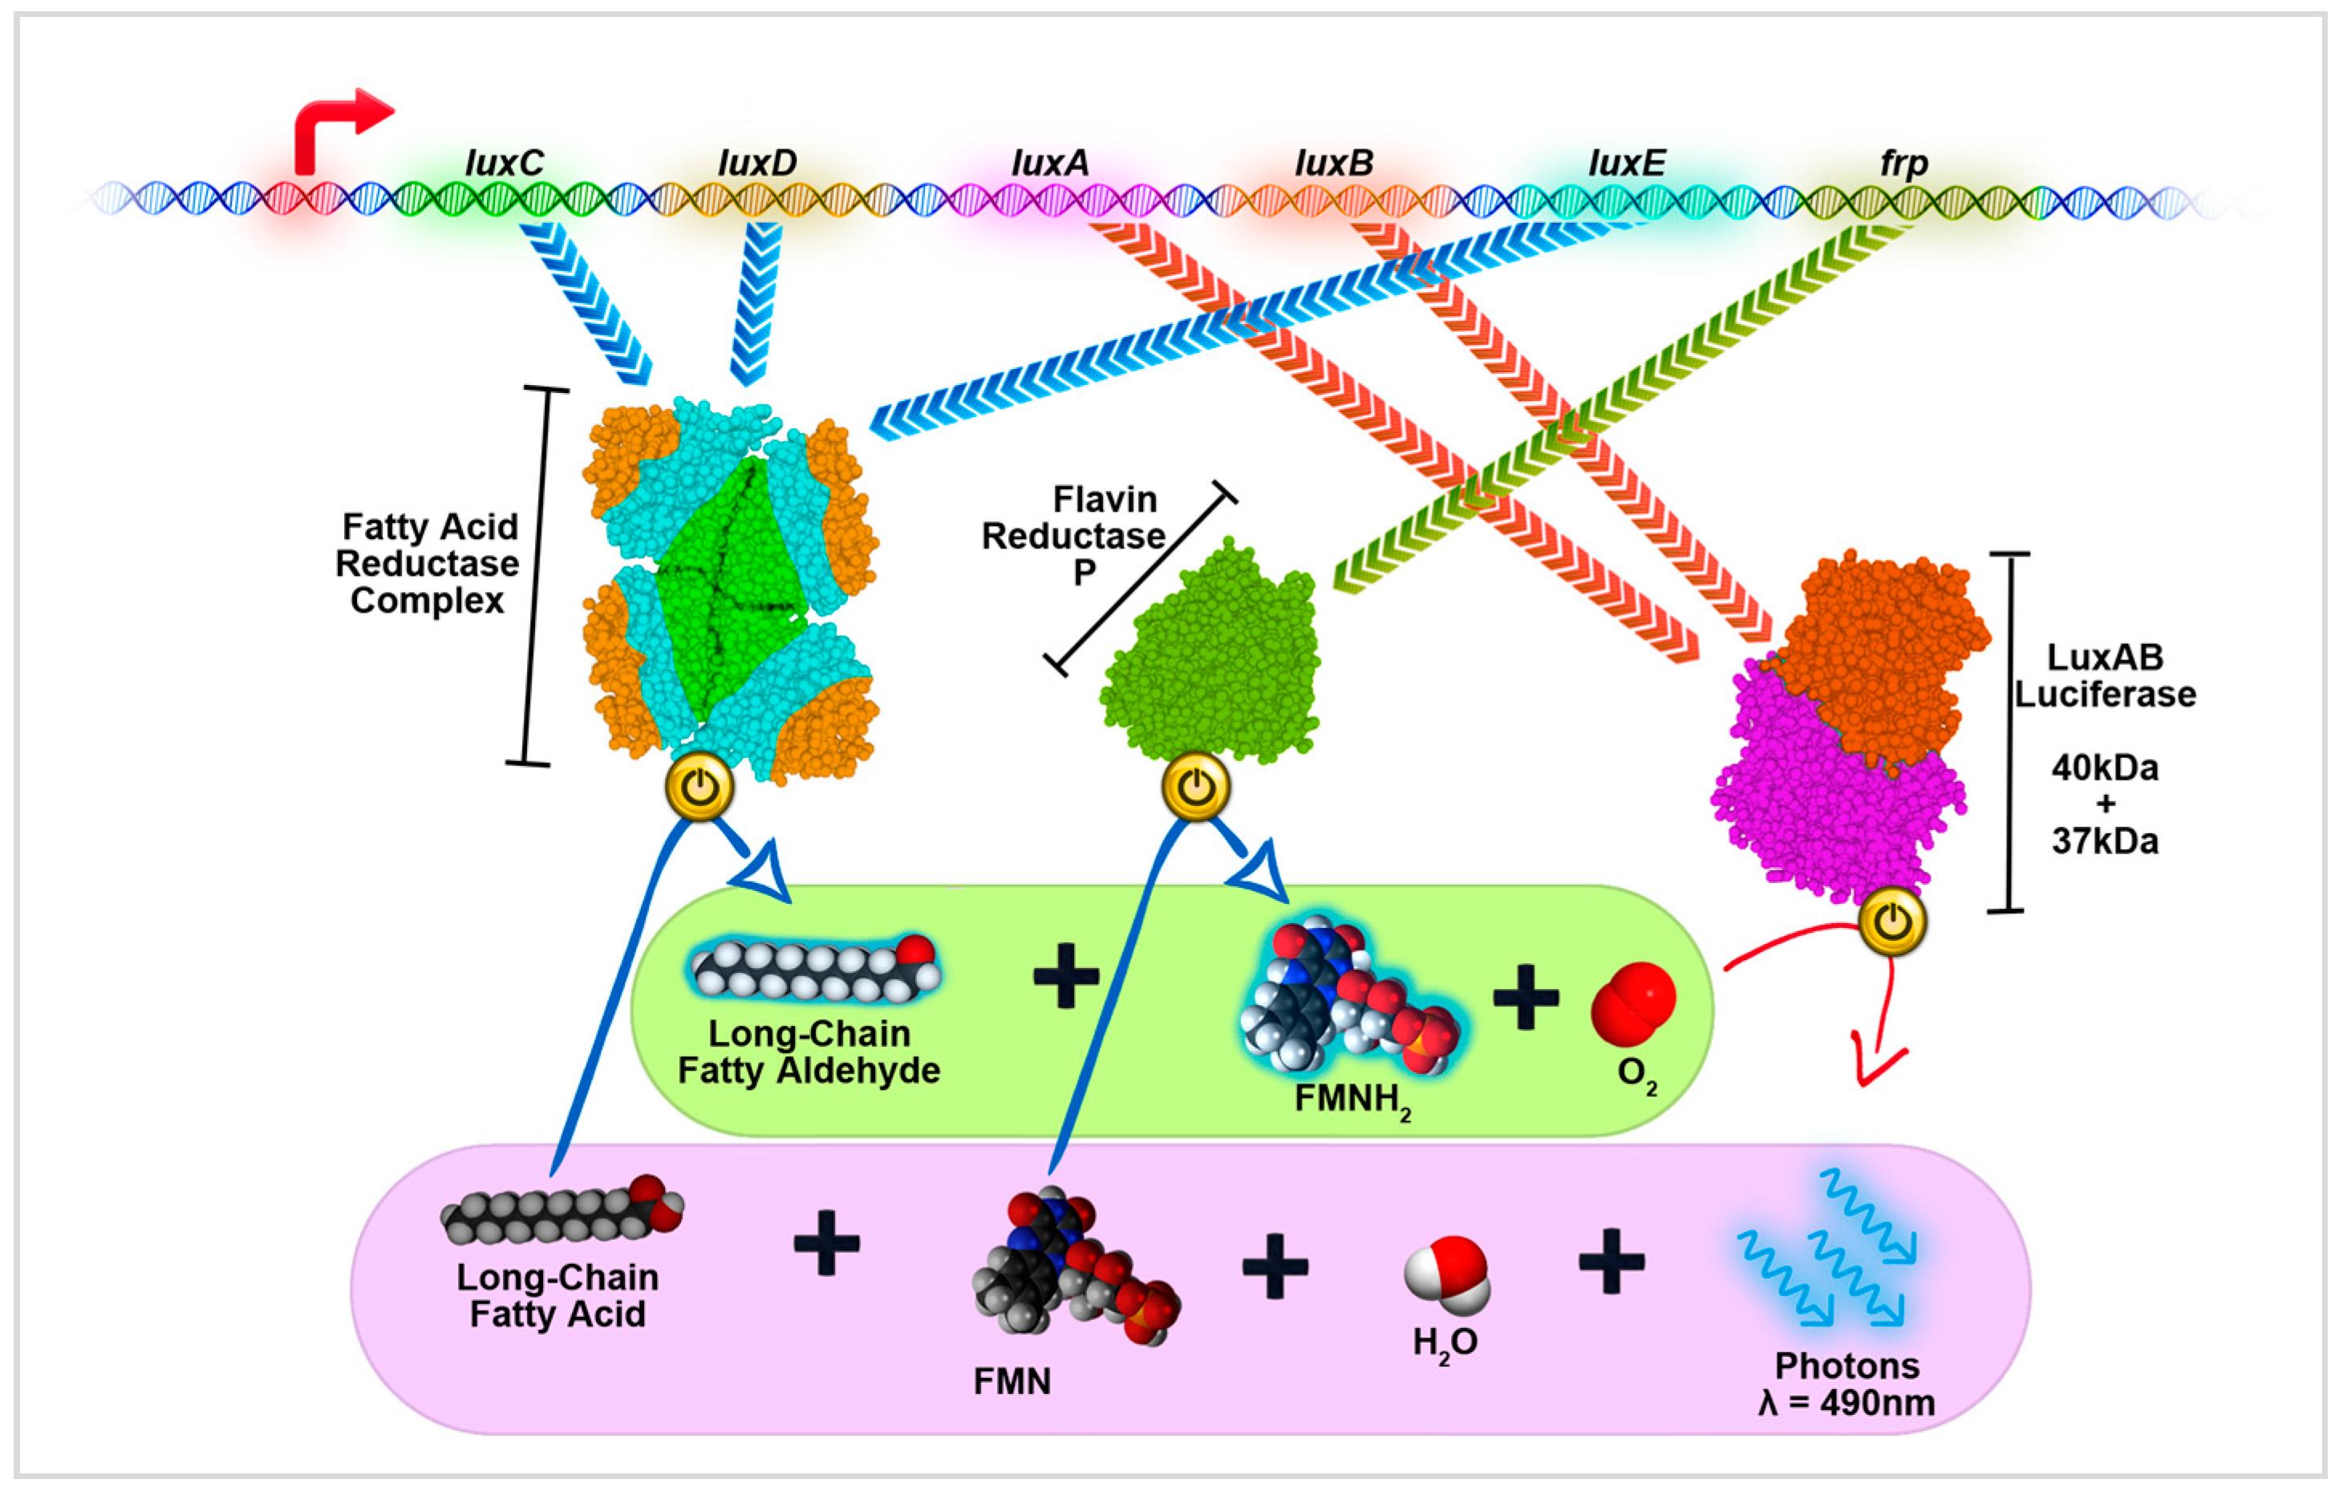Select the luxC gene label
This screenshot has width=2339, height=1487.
click(x=504, y=163)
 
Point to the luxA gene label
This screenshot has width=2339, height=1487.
click(x=1050, y=163)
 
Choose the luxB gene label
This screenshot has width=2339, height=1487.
click(x=1335, y=163)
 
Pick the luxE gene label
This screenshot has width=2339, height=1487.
click(x=1627, y=163)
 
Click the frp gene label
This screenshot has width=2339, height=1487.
click(x=1903, y=163)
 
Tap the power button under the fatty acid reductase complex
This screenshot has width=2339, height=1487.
click(x=699, y=787)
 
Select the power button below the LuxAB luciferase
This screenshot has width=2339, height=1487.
click(x=1893, y=921)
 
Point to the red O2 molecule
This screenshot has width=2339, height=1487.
click(x=1633, y=1003)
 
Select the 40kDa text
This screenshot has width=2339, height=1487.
click(x=2105, y=768)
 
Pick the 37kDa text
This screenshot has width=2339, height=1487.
click(x=2105, y=840)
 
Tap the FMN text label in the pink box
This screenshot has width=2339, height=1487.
click(x=1012, y=1381)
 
